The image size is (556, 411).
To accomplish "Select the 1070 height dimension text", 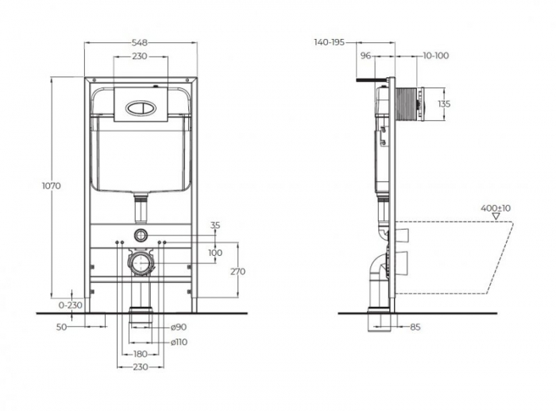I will (x=52, y=185).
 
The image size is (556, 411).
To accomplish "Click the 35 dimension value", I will (x=215, y=226).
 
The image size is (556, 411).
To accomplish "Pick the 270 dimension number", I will (x=237, y=271).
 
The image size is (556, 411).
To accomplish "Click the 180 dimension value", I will (x=140, y=353).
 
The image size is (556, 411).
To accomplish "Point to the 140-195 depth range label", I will (x=329, y=42).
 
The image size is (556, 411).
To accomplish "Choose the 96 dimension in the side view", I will (x=366, y=55).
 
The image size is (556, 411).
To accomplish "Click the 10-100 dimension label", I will (x=436, y=55).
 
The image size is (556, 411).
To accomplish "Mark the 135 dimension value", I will (x=444, y=103).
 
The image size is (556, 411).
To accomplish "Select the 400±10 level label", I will (x=496, y=208).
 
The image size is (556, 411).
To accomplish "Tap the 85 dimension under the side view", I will (x=415, y=326).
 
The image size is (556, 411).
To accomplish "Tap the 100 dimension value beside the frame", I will (x=215, y=253).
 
